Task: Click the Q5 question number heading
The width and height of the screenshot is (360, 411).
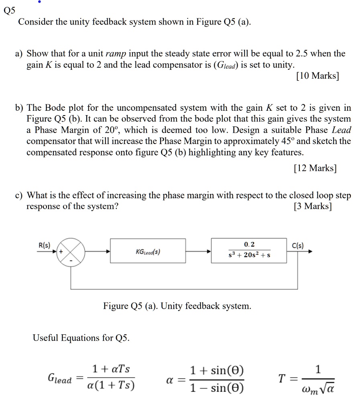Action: click(x=9, y=11)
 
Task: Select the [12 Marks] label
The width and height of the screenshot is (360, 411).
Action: click(x=315, y=168)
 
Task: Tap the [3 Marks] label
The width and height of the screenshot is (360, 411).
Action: click(x=313, y=206)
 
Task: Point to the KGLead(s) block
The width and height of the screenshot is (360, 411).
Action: click(x=148, y=251)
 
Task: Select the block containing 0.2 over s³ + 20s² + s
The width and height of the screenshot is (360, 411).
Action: click(x=249, y=251)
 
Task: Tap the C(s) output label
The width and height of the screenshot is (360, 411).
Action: click(x=298, y=245)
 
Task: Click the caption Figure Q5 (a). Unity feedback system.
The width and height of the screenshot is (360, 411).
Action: click(x=177, y=306)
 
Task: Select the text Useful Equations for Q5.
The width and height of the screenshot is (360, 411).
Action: click(x=81, y=338)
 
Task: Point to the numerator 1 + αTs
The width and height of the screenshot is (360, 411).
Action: click(x=111, y=369)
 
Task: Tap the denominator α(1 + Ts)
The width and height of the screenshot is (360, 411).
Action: click(x=111, y=387)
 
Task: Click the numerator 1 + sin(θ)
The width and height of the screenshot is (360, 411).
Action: click(x=217, y=370)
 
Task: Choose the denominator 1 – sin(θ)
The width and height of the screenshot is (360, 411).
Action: click(x=217, y=388)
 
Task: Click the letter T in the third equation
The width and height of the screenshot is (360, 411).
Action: click(x=282, y=378)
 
